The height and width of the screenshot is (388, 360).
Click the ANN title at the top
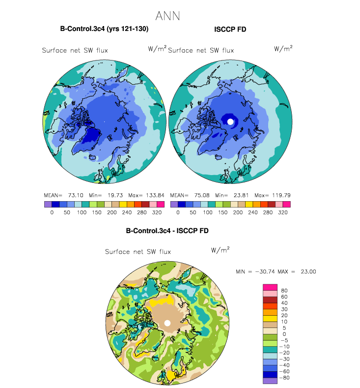167,16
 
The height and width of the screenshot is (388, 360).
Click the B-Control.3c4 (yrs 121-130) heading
104,29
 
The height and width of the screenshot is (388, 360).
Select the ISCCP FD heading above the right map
230,30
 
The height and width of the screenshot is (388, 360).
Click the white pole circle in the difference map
167,323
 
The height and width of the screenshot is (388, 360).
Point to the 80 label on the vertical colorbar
284,291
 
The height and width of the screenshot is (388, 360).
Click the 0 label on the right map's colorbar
178,214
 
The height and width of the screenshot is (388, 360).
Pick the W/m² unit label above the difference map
220,250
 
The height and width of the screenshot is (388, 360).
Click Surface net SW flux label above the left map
75,50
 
